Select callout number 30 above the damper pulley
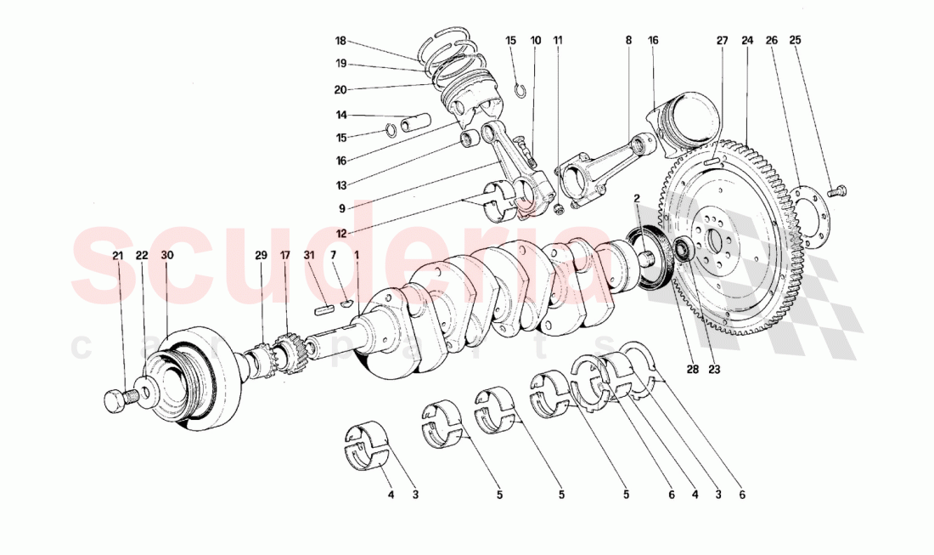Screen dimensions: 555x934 pyautogui.click(x=167, y=255)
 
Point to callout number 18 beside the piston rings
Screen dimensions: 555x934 pyautogui.click(x=340, y=41)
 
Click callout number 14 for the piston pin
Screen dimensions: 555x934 pyautogui.click(x=340, y=115)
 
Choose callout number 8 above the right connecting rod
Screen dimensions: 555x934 pyautogui.click(x=628, y=40)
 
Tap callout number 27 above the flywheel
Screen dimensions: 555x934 pyautogui.click(x=722, y=40)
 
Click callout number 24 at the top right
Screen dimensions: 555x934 pyautogui.click(x=747, y=40)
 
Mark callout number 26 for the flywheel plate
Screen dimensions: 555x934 pyautogui.click(x=771, y=40)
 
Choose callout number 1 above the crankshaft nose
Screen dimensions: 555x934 pyautogui.click(x=357, y=255)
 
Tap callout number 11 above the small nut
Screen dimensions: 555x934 pyautogui.click(x=558, y=40)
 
